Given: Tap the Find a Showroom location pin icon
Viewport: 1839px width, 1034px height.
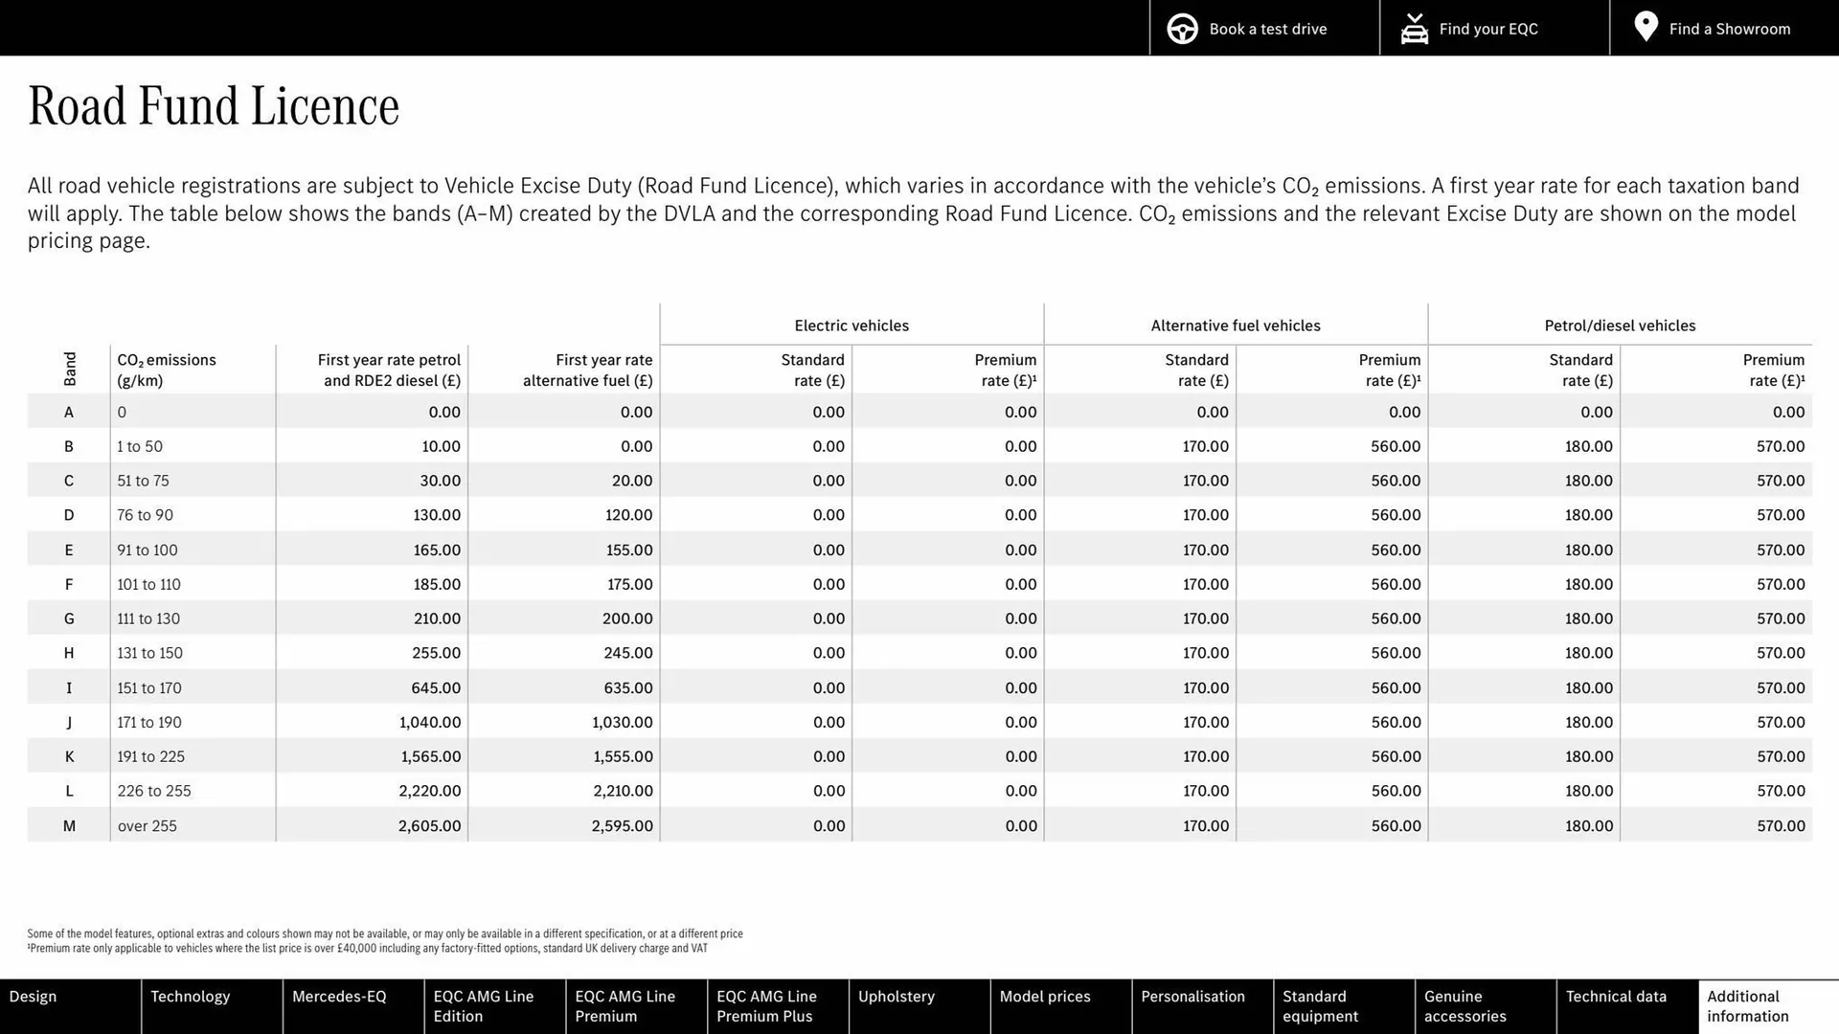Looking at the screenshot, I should pyautogui.click(x=1646, y=27).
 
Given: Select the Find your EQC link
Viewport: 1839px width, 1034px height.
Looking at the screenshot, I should pyautogui.click(x=1487, y=29).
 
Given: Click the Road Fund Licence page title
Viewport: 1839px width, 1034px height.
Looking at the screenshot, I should pyautogui.click(x=214, y=106).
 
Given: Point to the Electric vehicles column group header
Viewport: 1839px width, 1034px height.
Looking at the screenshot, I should pyautogui.click(x=851, y=326).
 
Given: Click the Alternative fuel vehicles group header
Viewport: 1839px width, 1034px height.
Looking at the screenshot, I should pyautogui.click(x=1236, y=326).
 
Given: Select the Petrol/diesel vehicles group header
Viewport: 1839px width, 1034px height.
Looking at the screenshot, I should pyautogui.click(x=1620, y=326).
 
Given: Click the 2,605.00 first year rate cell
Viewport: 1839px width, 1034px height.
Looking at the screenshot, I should pyautogui.click(x=429, y=825).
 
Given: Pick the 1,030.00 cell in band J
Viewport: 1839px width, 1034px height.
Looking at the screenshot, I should pyautogui.click(x=622, y=722).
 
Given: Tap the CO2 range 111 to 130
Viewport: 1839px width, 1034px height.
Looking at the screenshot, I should pyautogui.click(x=148, y=618).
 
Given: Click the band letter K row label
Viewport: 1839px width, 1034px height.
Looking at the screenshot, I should pyautogui.click(x=69, y=756).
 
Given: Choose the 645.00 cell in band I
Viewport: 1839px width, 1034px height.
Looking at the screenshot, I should pyautogui.click(x=436, y=687).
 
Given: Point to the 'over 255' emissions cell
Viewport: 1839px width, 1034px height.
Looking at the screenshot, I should pyautogui.click(x=148, y=825).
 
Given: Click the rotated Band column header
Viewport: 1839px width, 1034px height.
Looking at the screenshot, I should pyautogui.click(x=70, y=369).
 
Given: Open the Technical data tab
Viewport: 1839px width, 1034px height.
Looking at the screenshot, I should pyautogui.click(x=1616, y=997).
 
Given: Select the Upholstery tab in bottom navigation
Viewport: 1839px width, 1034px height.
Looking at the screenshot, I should pyautogui.click(x=897, y=997).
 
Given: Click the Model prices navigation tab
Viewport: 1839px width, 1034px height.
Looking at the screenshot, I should pyautogui.click(x=1045, y=997).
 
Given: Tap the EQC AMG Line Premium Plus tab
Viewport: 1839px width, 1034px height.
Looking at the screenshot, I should pyautogui.click(x=766, y=1006).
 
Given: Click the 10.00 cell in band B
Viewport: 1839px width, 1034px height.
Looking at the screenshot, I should pyautogui.click(x=441, y=446).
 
